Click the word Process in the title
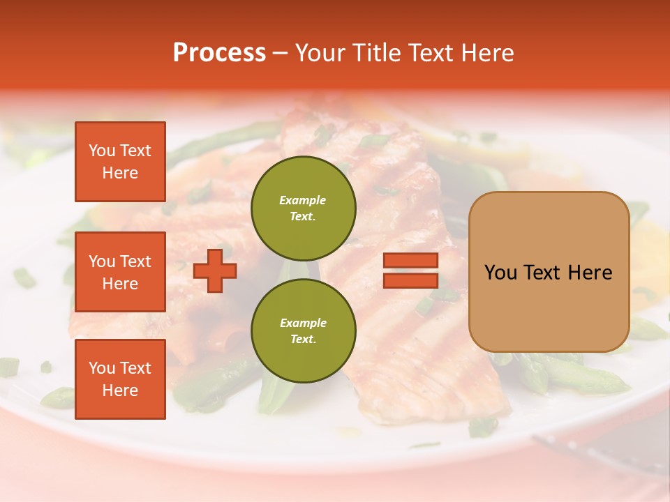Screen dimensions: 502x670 pyautogui.click(x=219, y=53)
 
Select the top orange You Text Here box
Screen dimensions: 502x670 pyautogui.click(x=120, y=162)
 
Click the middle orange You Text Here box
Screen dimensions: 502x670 pyautogui.click(x=120, y=272)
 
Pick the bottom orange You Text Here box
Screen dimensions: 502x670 pyautogui.click(x=120, y=379)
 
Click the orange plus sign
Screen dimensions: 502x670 pyautogui.click(x=215, y=270)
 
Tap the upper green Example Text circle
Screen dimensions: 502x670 pyautogui.click(x=303, y=208)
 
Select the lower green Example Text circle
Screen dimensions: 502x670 pyautogui.click(x=303, y=330)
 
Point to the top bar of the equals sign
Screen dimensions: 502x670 pyautogui.click(x=410, y=261)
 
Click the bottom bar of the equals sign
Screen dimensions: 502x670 pyautogui.click(x=410, y=280)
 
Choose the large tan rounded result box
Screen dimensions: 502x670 pyautogui.click(x=549, y=272)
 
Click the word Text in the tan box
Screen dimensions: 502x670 pyautogui.click(x=542, y=273)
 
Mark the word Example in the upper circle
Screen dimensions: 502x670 pyautogui.click(x=303, y=200)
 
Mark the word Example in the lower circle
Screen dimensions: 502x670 pyautogui.click(x=303, y=323)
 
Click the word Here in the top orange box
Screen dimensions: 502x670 pyautogui.click(x=120, y=173)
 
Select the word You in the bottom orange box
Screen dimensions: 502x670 pyautogui.click(x=101, y=368)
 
